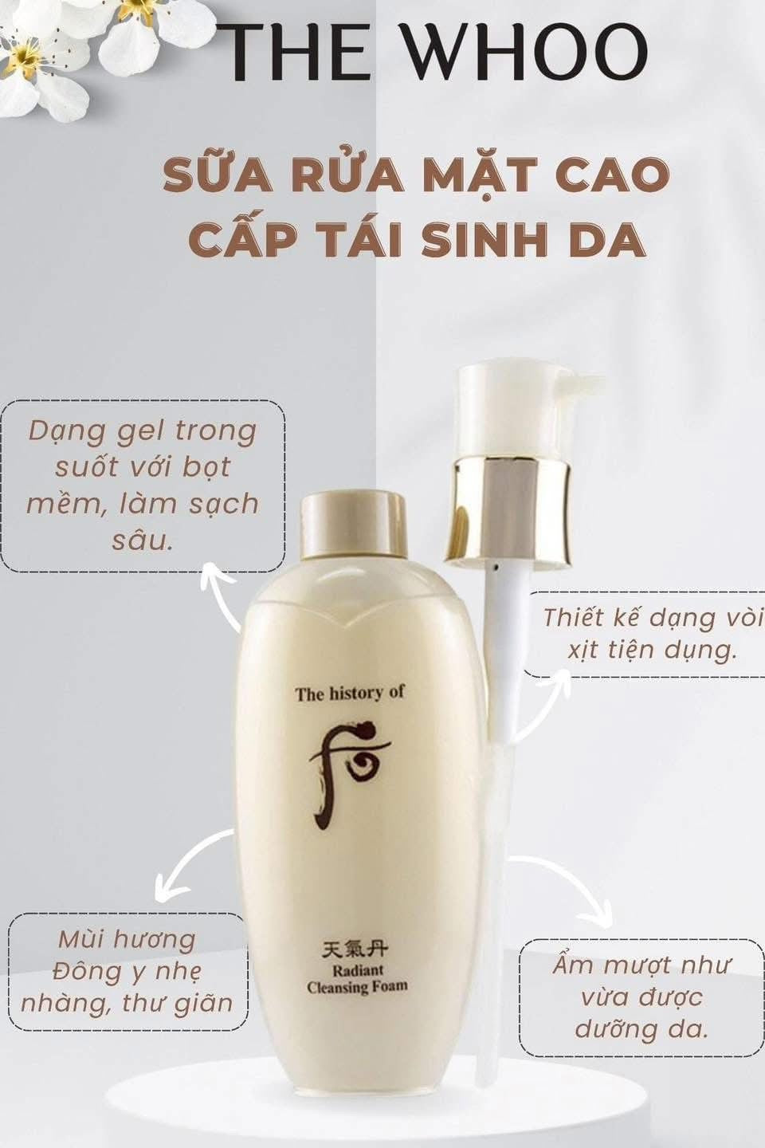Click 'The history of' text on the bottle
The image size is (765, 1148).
(x=350, y=693)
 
